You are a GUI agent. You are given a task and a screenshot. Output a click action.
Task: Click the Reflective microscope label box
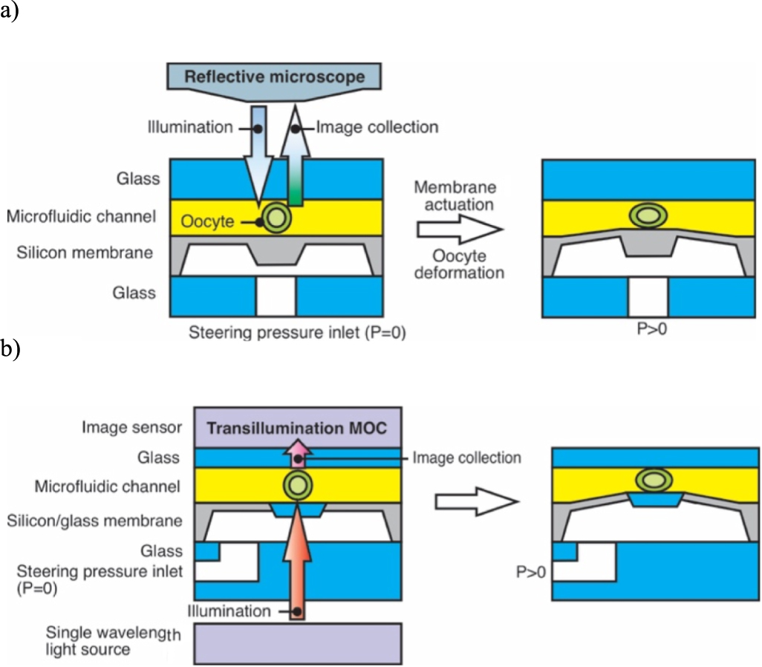click(274, 77)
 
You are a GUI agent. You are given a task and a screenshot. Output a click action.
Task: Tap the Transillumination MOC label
click(298, 428)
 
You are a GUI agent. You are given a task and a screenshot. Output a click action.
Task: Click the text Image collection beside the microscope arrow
click(377, 128)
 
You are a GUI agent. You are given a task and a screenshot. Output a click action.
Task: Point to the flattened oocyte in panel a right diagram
click(647, 216)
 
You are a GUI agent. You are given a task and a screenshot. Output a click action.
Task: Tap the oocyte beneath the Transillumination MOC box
click(297, 487)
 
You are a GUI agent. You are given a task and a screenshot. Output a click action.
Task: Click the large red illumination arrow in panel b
click(297, 564)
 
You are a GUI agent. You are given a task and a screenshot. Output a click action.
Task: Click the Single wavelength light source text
click(109, 641)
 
